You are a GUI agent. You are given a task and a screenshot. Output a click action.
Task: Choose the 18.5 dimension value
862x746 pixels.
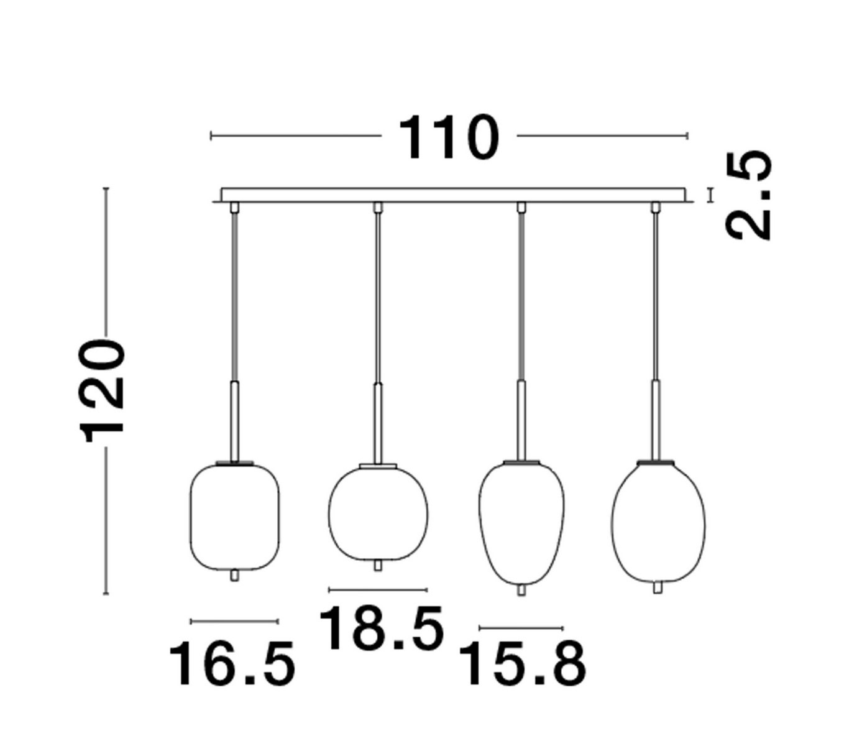click(380, 628)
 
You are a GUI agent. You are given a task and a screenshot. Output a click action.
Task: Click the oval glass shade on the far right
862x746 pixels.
click(658, 523)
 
